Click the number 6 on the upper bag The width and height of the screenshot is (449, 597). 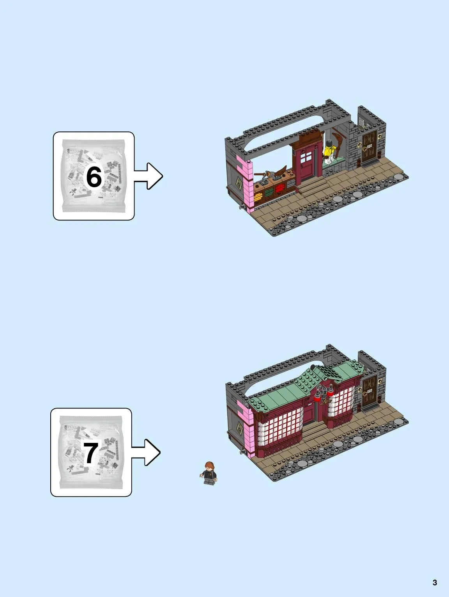point(94,177)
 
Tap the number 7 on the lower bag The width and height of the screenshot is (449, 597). point(91,453)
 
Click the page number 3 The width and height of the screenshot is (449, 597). point(435,582)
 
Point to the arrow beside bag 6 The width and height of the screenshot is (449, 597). point(148,176)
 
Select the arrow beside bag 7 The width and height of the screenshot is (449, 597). point(146,452)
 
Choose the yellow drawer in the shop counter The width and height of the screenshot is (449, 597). point(258,196)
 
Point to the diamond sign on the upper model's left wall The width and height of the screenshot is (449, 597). point(239,184)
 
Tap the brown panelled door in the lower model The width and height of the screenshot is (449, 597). point(370,390)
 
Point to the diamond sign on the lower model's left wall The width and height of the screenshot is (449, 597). point(240,428)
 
